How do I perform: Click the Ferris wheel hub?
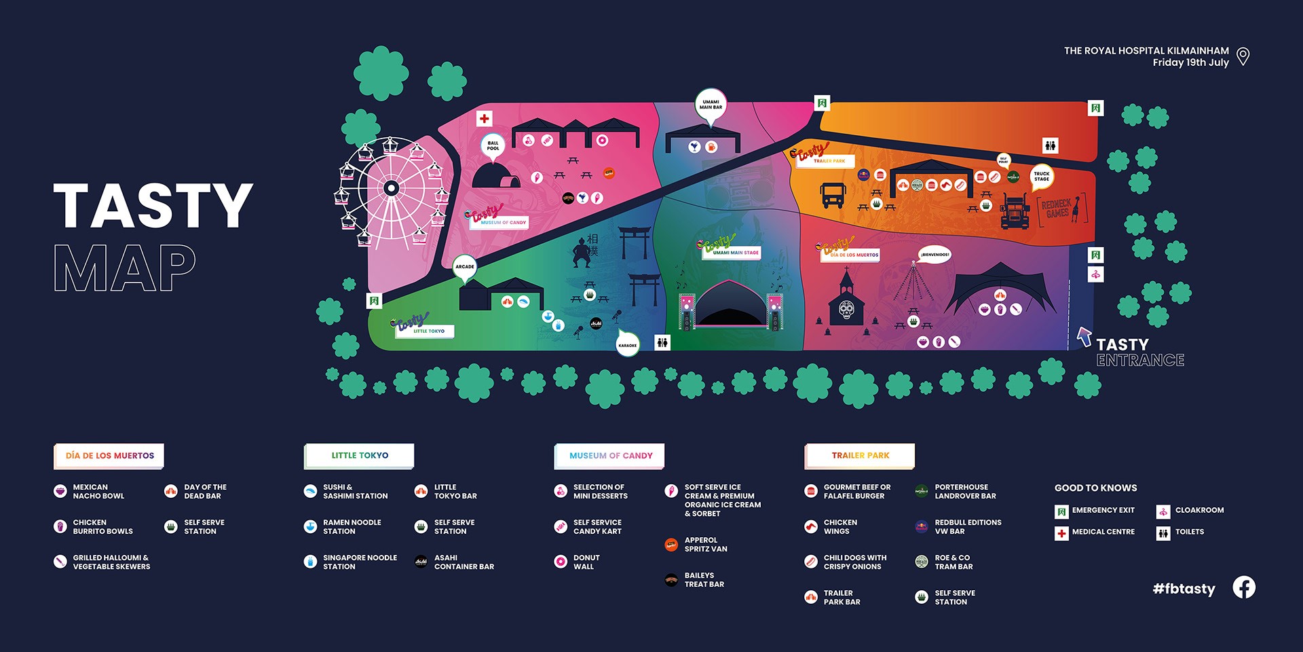pos(391,188)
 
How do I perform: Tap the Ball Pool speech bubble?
pos(493,145)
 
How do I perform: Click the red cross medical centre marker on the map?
pos(484,119)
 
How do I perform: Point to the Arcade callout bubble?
pos(465,266)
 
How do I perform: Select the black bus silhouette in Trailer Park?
pos(833,196)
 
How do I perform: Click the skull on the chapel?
pos(846,311)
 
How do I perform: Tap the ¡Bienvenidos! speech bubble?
pos(934,255)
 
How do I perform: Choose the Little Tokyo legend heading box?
pos(359,456)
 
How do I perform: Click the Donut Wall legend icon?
pos(561,562)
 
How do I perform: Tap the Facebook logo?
pos(1244,587)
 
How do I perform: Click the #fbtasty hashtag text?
pos(1184,589)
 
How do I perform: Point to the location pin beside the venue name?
pos(1243,56)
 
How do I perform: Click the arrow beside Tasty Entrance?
pos(1084,336)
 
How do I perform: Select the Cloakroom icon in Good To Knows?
pos(1163,511)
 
